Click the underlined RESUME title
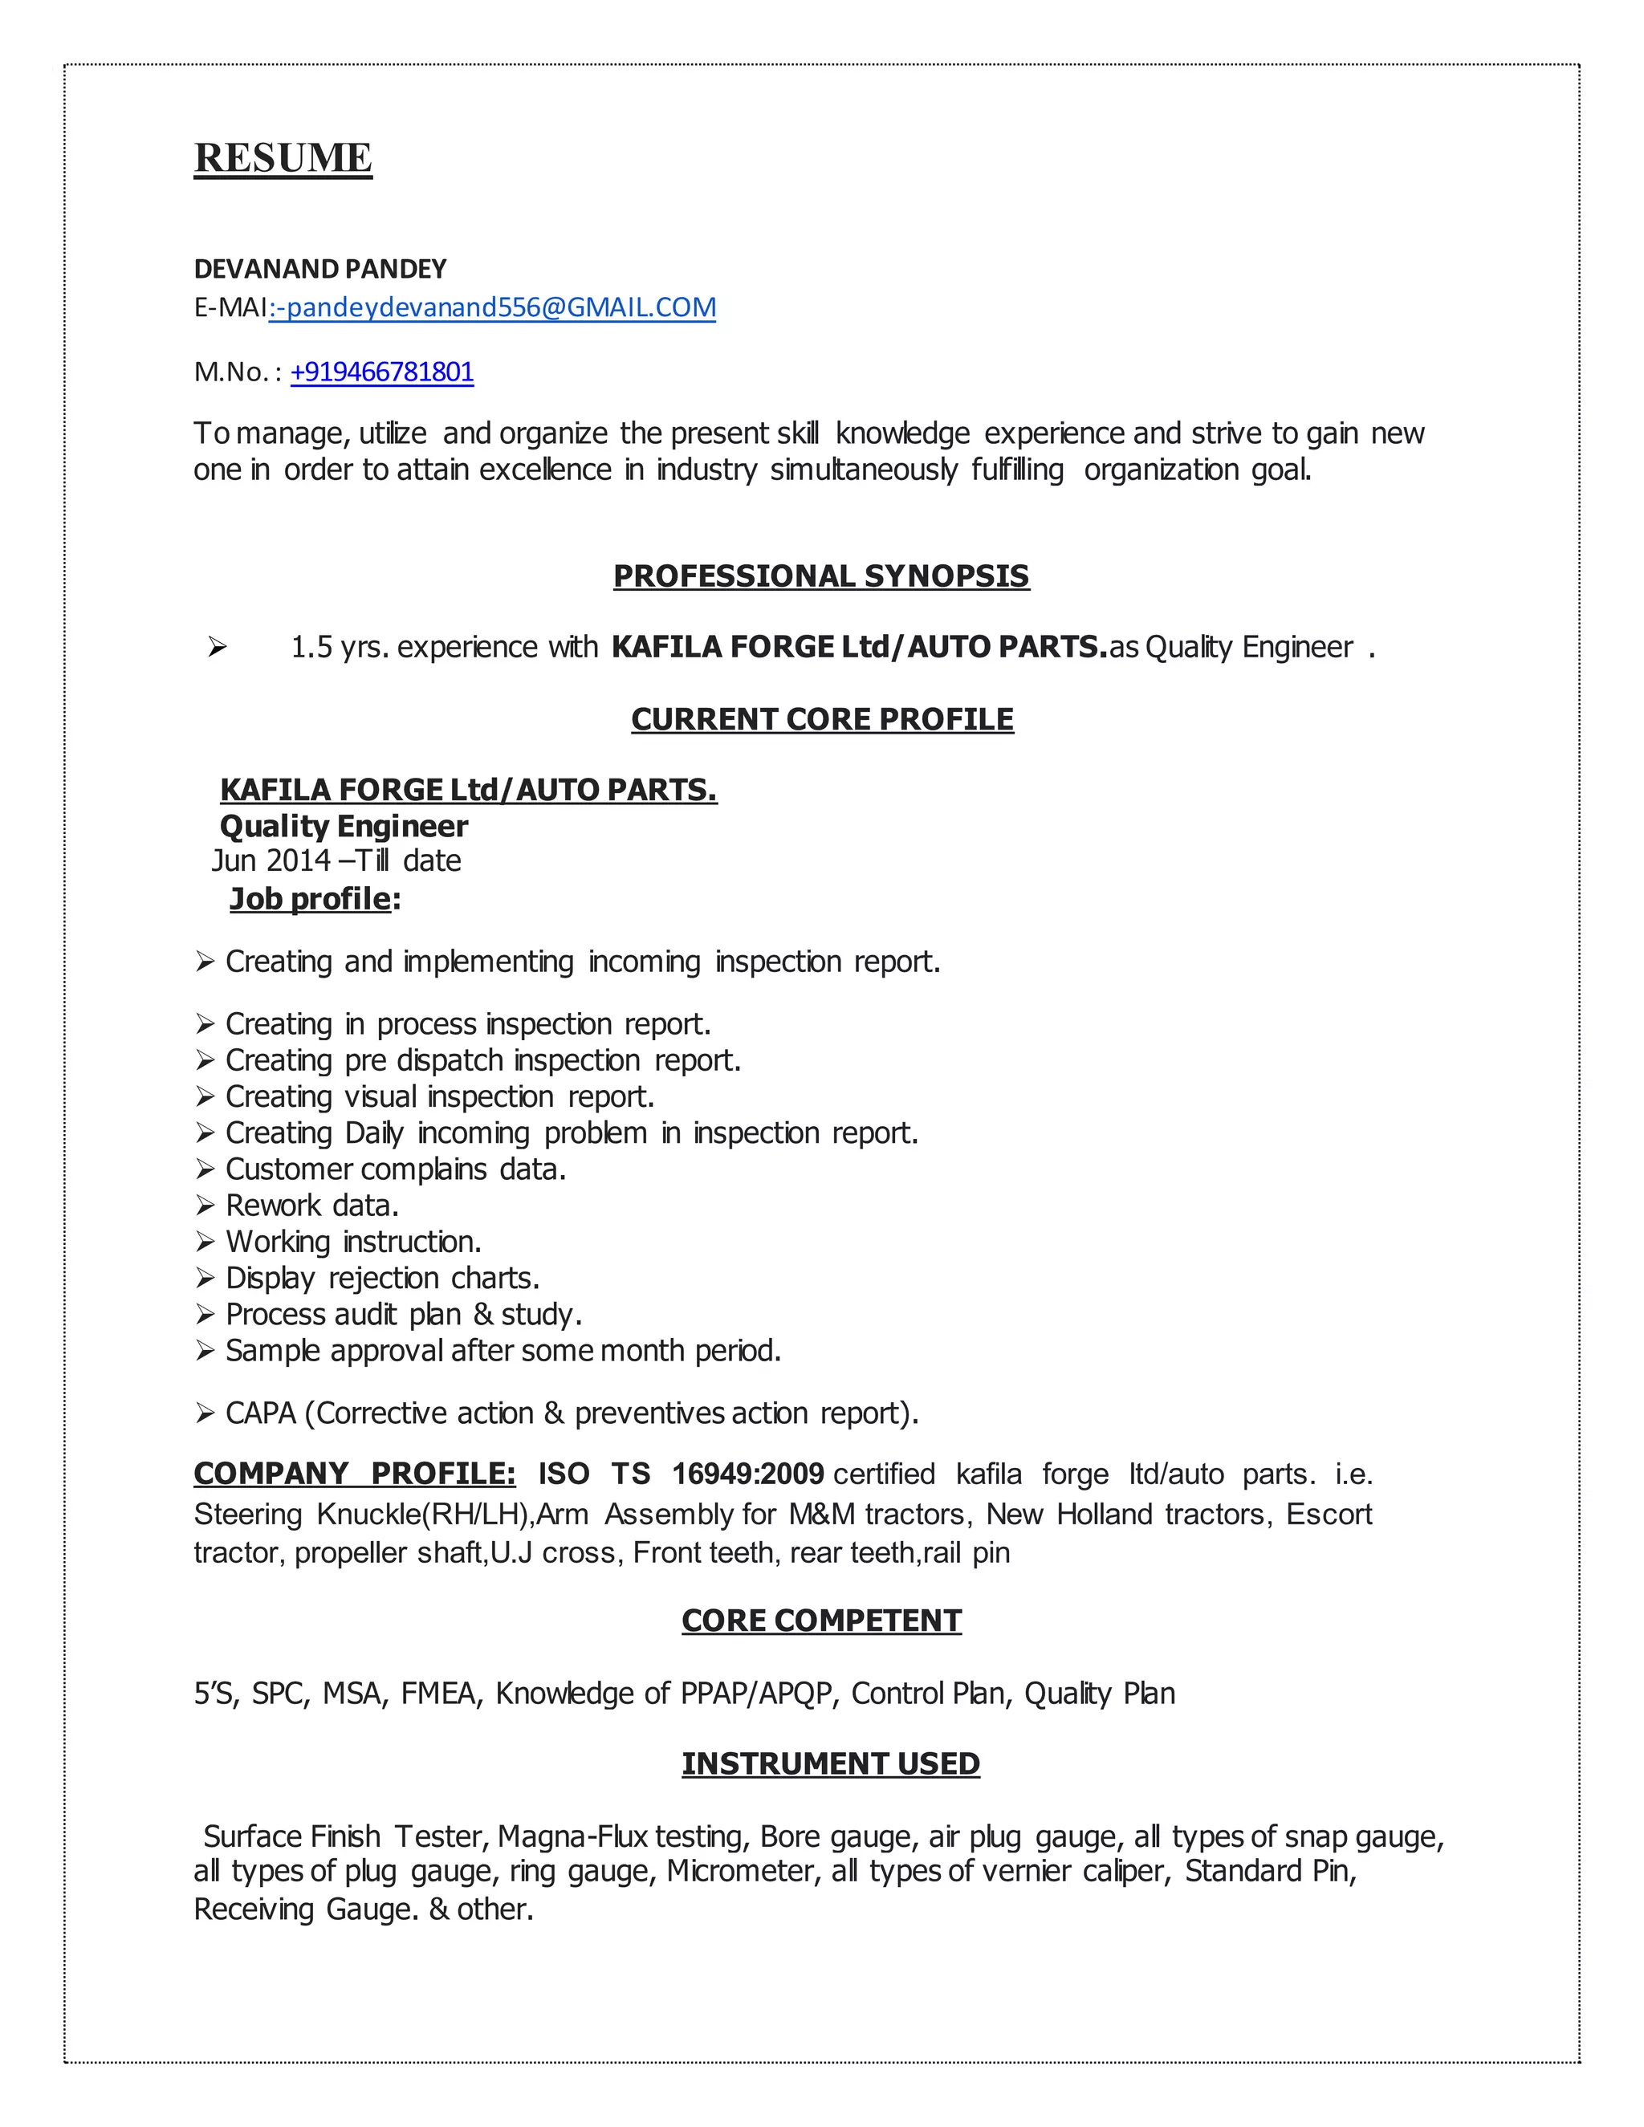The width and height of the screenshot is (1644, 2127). [x=283, y=158]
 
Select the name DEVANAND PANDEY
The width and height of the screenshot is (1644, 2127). [x=319, y=269]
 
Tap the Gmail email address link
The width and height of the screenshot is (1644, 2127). [x=493, y=307]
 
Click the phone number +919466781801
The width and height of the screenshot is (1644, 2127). [x=382, y=372]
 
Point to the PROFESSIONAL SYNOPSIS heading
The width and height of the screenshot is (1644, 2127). [x=821, y=575]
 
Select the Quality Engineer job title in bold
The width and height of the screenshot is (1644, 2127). [x=344, y=826]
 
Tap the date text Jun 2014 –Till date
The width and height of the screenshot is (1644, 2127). [x=336, y=861]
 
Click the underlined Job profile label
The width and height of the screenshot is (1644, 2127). [x=310, y=898]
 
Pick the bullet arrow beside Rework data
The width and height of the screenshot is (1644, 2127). [x=205, y=1206]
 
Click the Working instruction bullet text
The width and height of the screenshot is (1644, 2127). [x=353, y=1242]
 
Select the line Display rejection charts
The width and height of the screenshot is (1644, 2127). [x=382, y=1278]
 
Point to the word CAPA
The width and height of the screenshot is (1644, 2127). [x=260, y=1413]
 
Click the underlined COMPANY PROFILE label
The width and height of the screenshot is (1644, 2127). [x=355, y=1474]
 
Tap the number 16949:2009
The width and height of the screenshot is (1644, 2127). [x=748, y=1474]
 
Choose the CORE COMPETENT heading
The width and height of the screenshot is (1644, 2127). [x=821, y=1620]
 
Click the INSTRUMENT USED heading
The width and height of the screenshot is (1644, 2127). [x=830, y=1763]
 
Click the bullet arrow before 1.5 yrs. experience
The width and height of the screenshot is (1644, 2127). [x=218, y=647]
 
